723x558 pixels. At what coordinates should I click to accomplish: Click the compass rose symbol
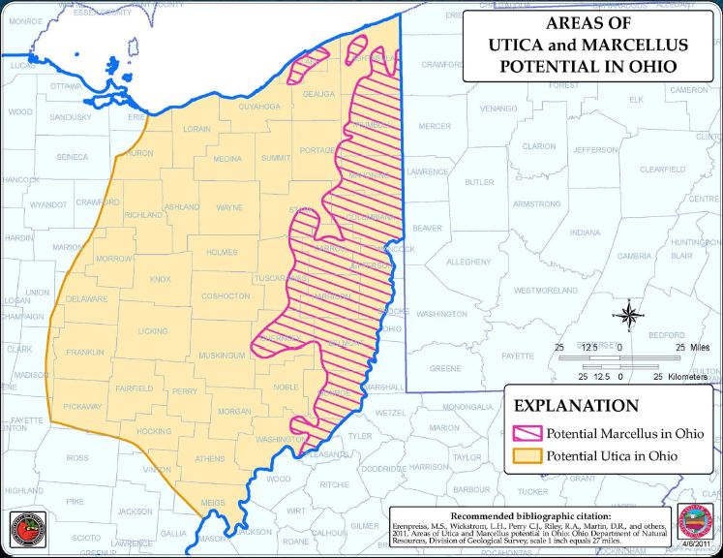pyautogui.click(x=628, y=316)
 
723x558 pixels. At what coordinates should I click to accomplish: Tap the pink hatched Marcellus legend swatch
pyautogui.click(x=527, y=433)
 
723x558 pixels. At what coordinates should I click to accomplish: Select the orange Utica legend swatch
pyautogui.click(x=527, y=455)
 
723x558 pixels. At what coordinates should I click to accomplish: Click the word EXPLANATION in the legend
pyautogui.click(x=576, y=406)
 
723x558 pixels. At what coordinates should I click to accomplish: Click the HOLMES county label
pyautogui.click(x=222, y=252)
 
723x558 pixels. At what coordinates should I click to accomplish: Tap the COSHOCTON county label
pyautogui.click(x=226, y=295)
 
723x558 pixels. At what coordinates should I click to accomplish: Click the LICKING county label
pyautogui.click(x=153, y=331)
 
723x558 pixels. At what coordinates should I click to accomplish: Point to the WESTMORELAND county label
pyautogui.click(x=545, y=290)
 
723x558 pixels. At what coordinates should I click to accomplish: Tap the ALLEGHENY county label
pyautogui.click(x=468, y=262)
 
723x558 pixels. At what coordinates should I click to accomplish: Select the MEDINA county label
pyautogui.click(x=227, y=159)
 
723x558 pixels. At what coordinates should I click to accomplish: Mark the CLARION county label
pyautogui.click(x=539, y=147)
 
